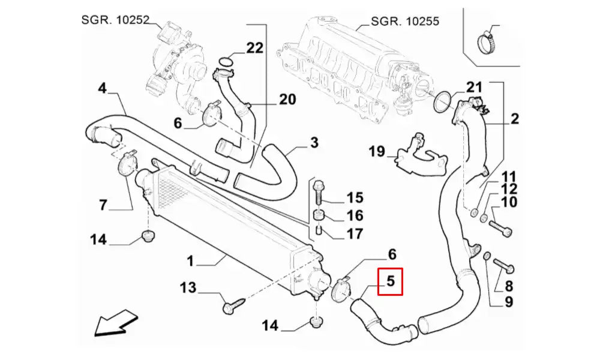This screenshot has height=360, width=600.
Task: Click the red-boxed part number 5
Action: coord(390,281)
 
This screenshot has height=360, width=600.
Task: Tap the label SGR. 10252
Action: coord(115,20)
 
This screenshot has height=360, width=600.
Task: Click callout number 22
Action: coord(254,48)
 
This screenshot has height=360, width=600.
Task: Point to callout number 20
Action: coord(287,99)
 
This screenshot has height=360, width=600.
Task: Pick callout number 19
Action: coord(376,151)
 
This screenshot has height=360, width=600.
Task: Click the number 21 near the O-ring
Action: coord(474,88)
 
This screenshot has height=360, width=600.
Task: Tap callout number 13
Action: coord(188,288)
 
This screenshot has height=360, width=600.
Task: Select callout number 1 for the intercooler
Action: coord(190,261)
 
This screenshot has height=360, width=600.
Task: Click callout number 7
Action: coord(103,205)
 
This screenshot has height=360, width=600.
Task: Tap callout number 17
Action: coord(355,233)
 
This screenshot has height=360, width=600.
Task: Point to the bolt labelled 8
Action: coord(503,264)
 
